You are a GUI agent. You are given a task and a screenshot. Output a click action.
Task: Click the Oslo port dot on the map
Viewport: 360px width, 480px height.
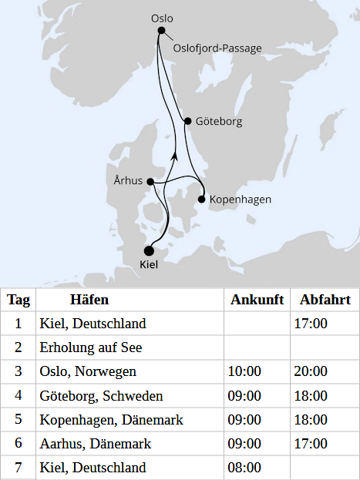pos(162,31)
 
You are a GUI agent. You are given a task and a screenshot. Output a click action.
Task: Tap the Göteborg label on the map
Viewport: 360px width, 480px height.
pos(219,122)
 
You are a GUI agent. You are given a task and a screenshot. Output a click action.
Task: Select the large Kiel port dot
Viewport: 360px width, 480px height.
pos(149,250)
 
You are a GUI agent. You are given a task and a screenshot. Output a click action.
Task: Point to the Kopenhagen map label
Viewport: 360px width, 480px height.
pos(241,200)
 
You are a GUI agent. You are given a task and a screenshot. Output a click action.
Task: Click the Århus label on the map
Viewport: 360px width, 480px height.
pos(128,181)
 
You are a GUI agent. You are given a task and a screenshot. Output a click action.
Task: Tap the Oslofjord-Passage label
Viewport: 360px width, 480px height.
pos(217,49)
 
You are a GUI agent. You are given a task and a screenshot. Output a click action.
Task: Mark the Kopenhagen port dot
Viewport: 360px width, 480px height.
pos(202,200)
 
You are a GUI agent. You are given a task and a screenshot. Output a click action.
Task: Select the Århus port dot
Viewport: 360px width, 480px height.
pos(150,182)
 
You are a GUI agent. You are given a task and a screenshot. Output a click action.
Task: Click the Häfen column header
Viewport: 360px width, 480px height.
pos(89,300)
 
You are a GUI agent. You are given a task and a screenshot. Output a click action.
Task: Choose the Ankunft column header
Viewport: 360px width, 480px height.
pos(257,300)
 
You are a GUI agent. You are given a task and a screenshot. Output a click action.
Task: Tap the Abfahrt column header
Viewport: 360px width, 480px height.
pos(325,300)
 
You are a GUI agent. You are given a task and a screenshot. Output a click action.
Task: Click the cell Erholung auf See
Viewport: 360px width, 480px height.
pos(91,347)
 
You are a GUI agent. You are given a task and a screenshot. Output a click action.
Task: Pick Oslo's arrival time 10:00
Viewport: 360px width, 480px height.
pos(244,371)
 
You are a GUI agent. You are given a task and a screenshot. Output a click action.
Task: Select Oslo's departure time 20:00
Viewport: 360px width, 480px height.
pos(310,371)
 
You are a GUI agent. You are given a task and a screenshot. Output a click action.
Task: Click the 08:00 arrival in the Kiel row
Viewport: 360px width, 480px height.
pos(244,468)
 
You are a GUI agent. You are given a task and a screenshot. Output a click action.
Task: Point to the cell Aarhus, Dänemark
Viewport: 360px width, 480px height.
pos(95,444)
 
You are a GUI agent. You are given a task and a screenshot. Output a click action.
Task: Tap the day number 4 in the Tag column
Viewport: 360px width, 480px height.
pos(19,396)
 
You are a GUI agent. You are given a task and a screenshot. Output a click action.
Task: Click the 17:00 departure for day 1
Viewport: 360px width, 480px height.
pos(310,324)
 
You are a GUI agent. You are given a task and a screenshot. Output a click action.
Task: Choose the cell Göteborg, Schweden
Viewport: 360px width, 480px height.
pos(101,396)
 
